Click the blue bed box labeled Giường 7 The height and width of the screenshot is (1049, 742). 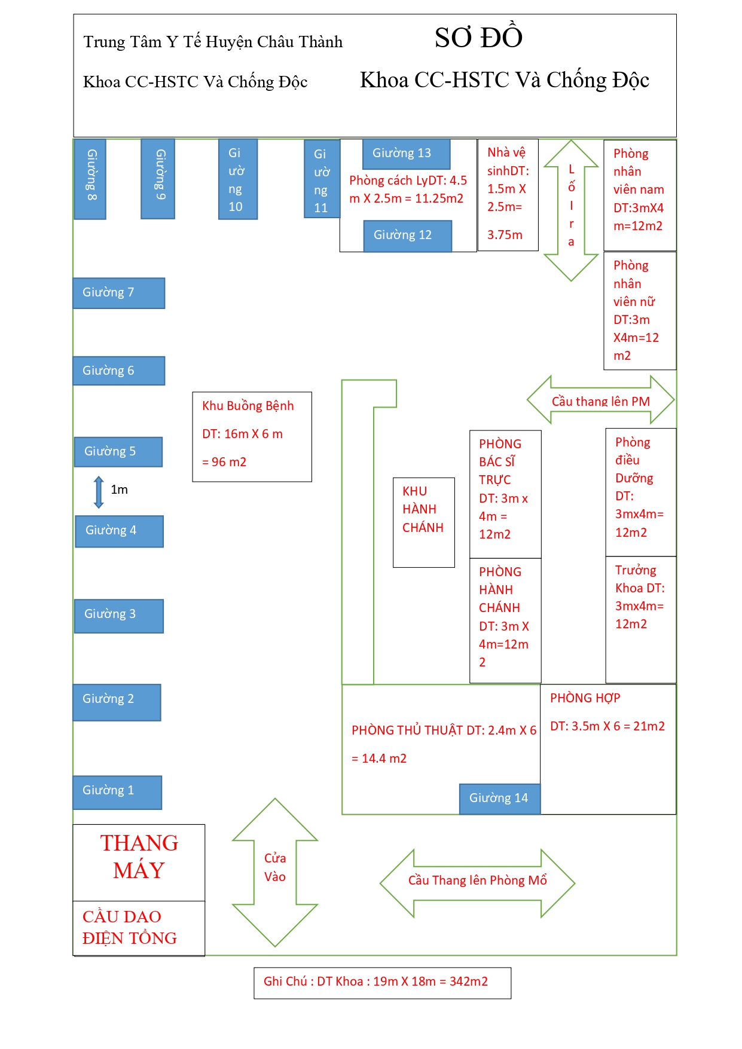pyautogui.click(x=118, y=293)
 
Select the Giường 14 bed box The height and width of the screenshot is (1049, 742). pyautogui.click(x=499, y=799)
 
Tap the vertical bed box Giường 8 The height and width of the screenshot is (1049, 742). pyautogui.click(x=90, y=179)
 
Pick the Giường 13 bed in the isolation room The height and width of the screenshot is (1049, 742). pyautogui.click(x=406, y=154)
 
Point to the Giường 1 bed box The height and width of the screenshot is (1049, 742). pyautogui.click(x=117, y=792)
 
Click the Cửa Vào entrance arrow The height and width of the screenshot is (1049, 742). pyautogui.click(x=275, y=872)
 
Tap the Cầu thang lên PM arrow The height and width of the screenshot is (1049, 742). pyautogui.click(x=600, y=400)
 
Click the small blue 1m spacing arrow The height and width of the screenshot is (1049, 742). pyautogui.click(x=99, y=492)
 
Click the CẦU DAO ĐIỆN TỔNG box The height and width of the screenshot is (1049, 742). pyautogui.click(x=139, y=928)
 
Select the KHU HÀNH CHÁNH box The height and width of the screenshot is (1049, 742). pyautogui.click(x=423, y=522)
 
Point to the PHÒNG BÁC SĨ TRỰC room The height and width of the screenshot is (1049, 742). pyautogui.click(x=505, y=494)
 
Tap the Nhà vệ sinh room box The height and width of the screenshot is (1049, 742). pyautogui.click(x=508, y=194)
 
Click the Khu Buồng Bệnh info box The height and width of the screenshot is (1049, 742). pyautogui.click(x=252, y=436)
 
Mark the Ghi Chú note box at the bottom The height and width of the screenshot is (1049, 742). pyautogui.click(x=382, y=982)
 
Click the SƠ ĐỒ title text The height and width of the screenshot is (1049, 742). pyautogui.click(x=478, y=38)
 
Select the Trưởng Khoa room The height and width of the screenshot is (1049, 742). pyautogui.click(x=640, y=619)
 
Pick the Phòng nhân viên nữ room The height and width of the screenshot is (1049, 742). pyautogui.click(x=640, y=310)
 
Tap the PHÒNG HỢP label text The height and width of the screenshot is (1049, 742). pyautogui.click(x=585, y=698)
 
